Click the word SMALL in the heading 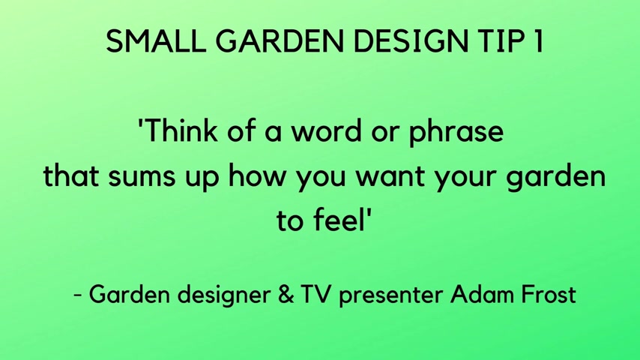click(156, 40)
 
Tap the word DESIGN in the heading click(410, 40)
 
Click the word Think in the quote click(178, 130)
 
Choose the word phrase click(456, 133)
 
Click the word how click(256, 175)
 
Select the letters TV click(315, 294)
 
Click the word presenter click(391, 296)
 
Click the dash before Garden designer click(77, 295)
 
